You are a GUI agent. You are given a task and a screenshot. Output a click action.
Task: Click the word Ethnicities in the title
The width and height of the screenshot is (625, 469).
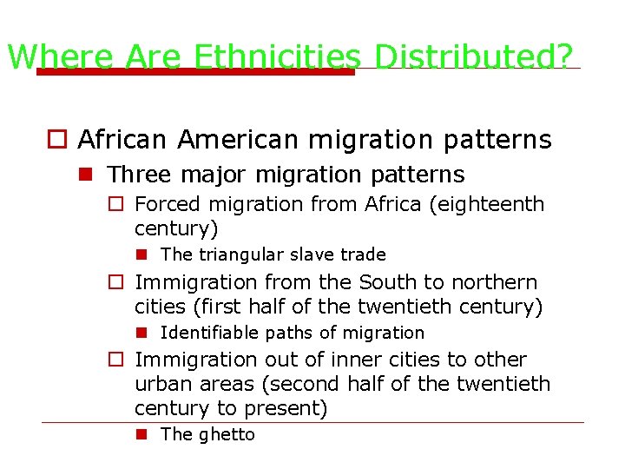tap(277, 57)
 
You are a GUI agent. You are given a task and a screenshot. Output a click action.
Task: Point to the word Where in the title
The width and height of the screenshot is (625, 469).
tap(60, 57)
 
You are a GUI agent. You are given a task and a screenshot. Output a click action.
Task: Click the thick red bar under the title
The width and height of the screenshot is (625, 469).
tap(195, 72)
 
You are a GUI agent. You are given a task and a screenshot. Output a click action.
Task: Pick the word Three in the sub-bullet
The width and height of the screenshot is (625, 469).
tap(140, 175)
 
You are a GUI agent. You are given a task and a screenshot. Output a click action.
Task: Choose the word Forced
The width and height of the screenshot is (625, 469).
tap(168, 205)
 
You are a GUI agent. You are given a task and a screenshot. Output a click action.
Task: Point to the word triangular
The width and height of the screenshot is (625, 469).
tap(233, 254)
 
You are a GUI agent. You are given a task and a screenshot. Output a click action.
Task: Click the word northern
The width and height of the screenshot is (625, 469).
tap(495, 283)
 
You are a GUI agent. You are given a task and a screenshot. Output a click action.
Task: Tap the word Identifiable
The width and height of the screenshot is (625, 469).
tap(209, 333)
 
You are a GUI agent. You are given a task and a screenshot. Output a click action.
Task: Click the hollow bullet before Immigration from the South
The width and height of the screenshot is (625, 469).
tap(115, 282)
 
